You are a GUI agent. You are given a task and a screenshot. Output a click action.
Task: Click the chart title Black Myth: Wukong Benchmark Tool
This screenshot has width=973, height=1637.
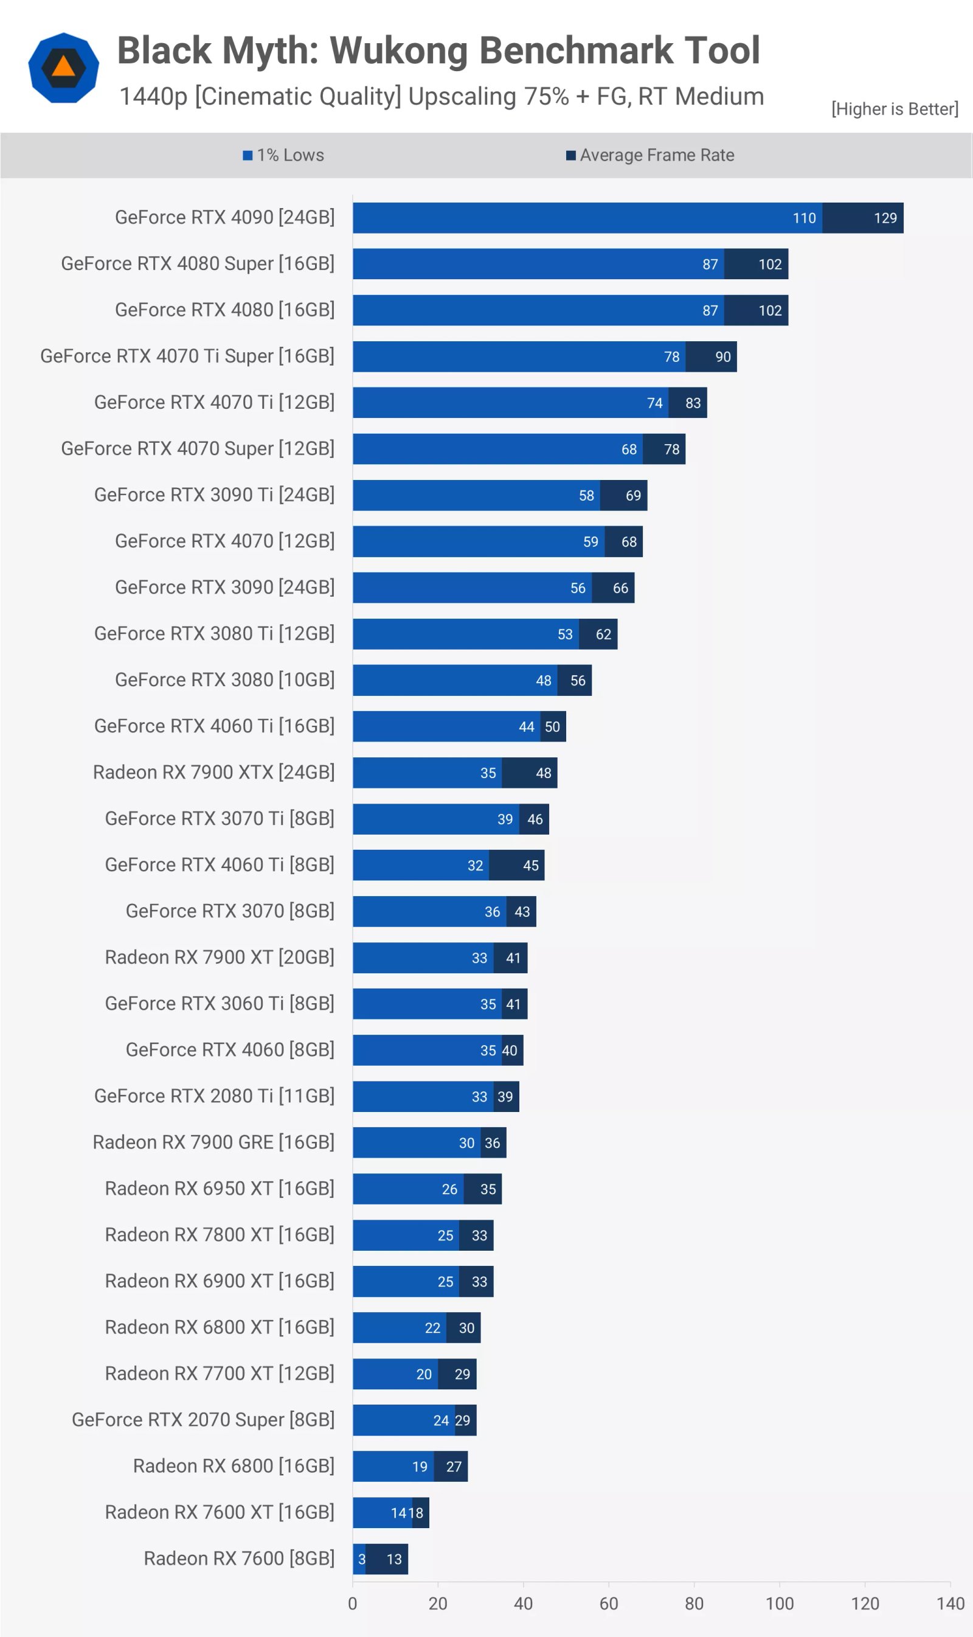click(x=438, y=50)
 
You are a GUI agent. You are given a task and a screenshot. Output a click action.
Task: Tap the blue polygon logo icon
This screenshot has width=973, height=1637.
click(x=64, y=68)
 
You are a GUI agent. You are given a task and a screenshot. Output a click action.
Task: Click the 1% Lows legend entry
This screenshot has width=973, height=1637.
click(x=283, y=156)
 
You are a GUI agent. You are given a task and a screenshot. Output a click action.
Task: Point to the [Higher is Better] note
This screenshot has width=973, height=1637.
click(x=895, y=109)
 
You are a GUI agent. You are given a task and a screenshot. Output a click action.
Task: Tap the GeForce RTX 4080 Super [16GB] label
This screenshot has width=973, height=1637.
click(x=198, y=263)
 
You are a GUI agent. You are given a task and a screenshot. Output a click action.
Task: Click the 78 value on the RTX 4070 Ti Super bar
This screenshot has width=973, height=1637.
click(x=671, y=356)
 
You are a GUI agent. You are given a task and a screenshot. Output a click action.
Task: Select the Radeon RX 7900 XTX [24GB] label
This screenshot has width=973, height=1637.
click(x=213, y=772)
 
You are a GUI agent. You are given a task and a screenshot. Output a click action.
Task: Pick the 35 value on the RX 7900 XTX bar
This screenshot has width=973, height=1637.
click(x=488, y=773)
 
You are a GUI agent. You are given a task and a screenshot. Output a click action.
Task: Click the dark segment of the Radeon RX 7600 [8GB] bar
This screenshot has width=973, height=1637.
click(x=387, y=1559)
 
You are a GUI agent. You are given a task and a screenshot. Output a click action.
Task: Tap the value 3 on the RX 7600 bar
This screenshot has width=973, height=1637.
click(x=361, y=1559)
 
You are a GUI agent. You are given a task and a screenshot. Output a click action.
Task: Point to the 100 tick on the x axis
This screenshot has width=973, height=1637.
click(x=779, y=1604)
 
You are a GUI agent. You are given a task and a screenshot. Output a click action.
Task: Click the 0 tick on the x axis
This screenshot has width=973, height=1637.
click(x=353, y=1604)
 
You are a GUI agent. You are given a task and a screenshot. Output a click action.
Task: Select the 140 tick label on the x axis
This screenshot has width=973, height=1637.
click(x=950, y=1604)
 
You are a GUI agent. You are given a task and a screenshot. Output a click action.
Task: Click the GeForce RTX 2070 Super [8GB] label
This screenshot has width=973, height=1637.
click(x=203, y=1420)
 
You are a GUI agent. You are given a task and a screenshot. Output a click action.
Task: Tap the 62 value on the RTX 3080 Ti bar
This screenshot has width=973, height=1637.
click(x=603, y=634)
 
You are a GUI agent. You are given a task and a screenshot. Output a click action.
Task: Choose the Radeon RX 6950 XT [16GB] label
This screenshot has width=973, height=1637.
click(x=219, y=1189)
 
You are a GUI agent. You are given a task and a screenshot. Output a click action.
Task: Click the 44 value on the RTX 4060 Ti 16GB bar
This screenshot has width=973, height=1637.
click(x=527, y=727)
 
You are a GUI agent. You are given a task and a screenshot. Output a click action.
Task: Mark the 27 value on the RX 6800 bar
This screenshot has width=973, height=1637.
click(x=454, y=1467)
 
